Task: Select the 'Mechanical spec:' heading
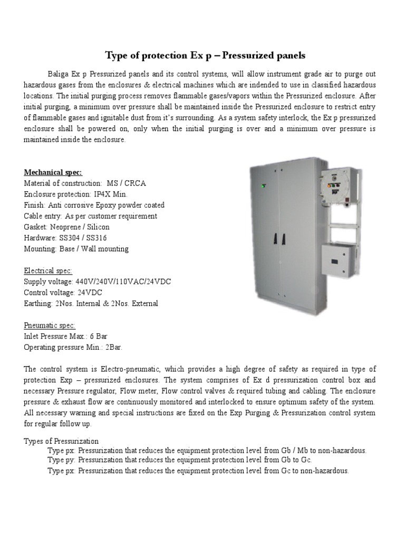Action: coord(53,172)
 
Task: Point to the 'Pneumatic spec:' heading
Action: coord(50,325)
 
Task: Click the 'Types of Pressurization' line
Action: coord(61,441)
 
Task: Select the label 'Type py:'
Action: coord(62,460)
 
